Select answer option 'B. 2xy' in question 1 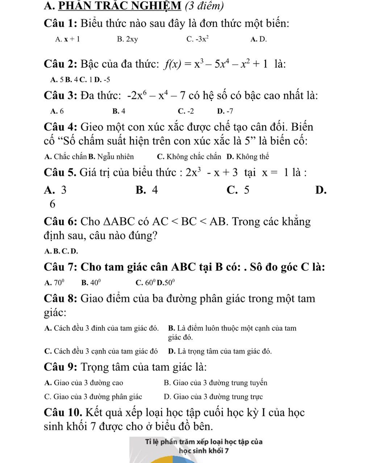[x=127, y=39]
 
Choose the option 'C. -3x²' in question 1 [x=198, y=39]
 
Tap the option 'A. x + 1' [x=67, y=39]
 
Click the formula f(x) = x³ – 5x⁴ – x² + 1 [x=216, y=64]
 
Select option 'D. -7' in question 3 [x=225, y=111]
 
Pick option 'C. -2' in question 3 [x=186, y=111]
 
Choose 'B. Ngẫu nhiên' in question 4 [x=111, y=157]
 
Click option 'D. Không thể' [x=248, y=157]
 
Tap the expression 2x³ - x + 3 [x=212, y=172]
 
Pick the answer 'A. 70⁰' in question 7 [x=54, y=282]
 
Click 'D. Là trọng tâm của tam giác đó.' [x=220, y=351]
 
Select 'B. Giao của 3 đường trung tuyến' [x=216, y=383]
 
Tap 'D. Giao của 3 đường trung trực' [x=213, y=397]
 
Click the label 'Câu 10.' [x=62, y=412]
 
